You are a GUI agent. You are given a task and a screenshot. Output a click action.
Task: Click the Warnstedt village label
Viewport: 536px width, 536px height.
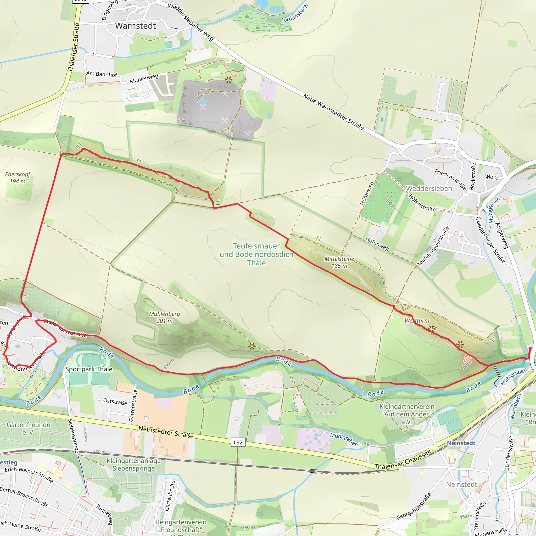135,26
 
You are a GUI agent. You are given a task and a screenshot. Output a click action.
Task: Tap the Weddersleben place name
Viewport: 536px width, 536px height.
429,188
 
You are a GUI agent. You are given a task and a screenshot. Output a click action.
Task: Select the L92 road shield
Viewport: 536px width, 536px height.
238,442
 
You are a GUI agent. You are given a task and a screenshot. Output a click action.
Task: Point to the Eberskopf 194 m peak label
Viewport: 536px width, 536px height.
18,177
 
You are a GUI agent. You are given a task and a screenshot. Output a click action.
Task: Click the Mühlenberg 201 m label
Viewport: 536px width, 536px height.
165,317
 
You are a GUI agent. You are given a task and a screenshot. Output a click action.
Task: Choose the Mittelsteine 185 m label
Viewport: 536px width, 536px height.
339,262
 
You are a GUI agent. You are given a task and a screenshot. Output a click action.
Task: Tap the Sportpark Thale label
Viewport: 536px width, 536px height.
89,369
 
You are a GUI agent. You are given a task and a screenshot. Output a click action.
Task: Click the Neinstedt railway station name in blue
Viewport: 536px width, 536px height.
461,443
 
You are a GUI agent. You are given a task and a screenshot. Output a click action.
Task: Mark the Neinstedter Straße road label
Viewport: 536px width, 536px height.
166,432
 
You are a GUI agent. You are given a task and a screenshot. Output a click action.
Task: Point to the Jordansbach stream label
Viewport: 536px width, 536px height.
295,14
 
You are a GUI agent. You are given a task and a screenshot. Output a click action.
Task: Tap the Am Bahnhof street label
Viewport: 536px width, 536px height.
102,74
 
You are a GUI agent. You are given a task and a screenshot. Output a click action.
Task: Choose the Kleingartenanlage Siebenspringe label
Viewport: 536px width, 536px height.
134,465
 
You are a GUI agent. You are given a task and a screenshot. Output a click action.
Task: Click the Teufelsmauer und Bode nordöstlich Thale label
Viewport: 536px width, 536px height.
256,254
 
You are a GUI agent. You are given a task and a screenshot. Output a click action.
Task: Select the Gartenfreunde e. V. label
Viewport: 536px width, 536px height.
29,428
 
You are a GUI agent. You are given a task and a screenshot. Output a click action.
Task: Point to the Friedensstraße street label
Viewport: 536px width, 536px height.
450,180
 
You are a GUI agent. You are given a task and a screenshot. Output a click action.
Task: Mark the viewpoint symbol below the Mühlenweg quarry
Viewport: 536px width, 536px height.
228,80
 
